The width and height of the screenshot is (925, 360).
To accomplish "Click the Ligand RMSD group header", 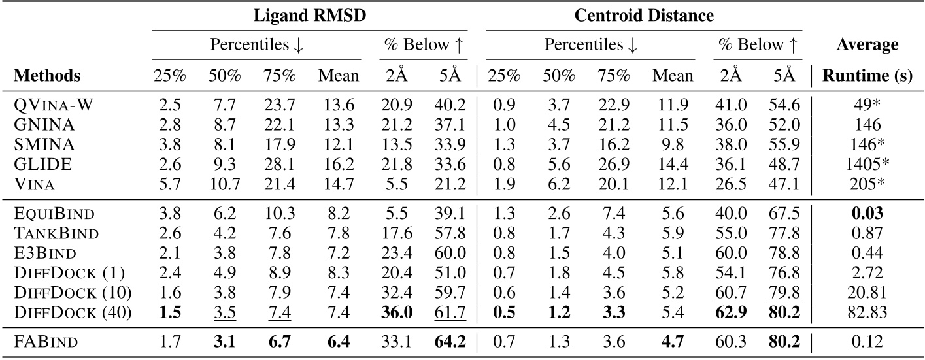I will pyautogui.click(x=309, y=15).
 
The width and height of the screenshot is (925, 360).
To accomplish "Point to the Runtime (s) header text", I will pyautogui.click(x=866, y=76).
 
